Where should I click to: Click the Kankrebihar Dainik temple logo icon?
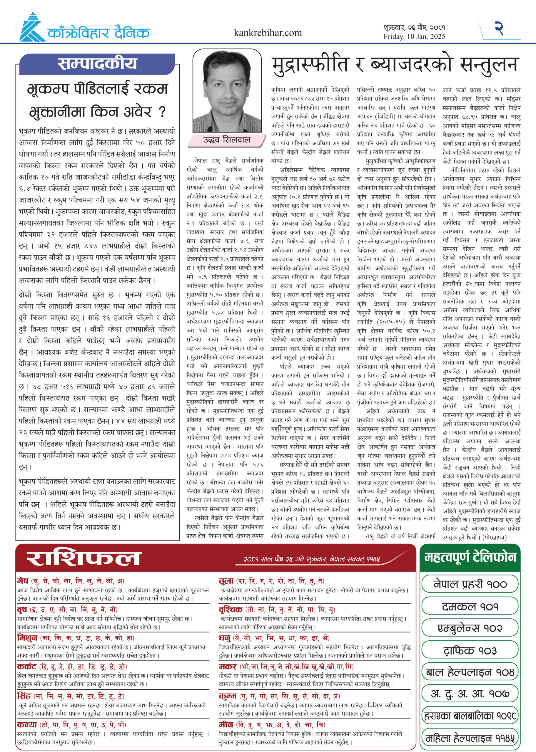32,28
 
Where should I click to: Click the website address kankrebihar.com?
268,33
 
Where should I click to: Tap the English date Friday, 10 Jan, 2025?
414,37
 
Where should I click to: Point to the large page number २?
498,28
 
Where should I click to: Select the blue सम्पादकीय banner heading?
97,64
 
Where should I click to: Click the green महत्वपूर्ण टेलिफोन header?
470,557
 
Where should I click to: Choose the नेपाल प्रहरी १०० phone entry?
470,584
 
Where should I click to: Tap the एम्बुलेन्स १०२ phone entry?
470,628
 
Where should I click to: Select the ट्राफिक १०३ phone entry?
470,650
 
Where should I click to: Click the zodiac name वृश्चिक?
231,609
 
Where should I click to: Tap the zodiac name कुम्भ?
228,696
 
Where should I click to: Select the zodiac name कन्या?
27,724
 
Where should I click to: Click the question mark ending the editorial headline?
162,113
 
